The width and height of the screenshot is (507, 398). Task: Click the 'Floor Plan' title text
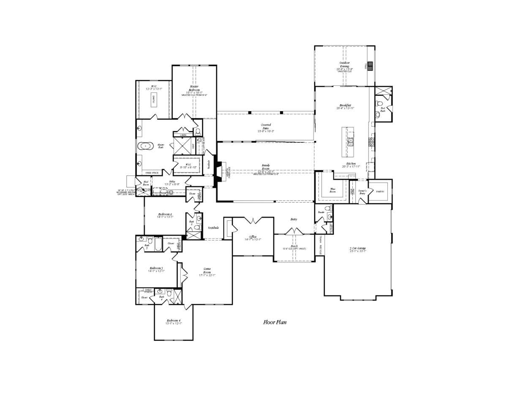click(x=275, y=322)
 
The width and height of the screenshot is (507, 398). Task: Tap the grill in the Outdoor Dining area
click(x=370, y=66)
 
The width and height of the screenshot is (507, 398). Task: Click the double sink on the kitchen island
click(x=351, y=142)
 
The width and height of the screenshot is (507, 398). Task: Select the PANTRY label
click(x=379, y=192)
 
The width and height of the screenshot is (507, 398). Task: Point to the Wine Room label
click(x=333, y=191)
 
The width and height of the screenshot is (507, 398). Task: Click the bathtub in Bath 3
click(x=158, y=244)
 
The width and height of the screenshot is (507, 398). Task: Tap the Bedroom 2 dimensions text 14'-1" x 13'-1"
click(x=165, y=217)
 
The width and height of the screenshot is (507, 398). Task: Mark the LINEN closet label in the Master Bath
click(x=183, y=135)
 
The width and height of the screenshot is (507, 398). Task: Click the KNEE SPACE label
click(x=152, y=173)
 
